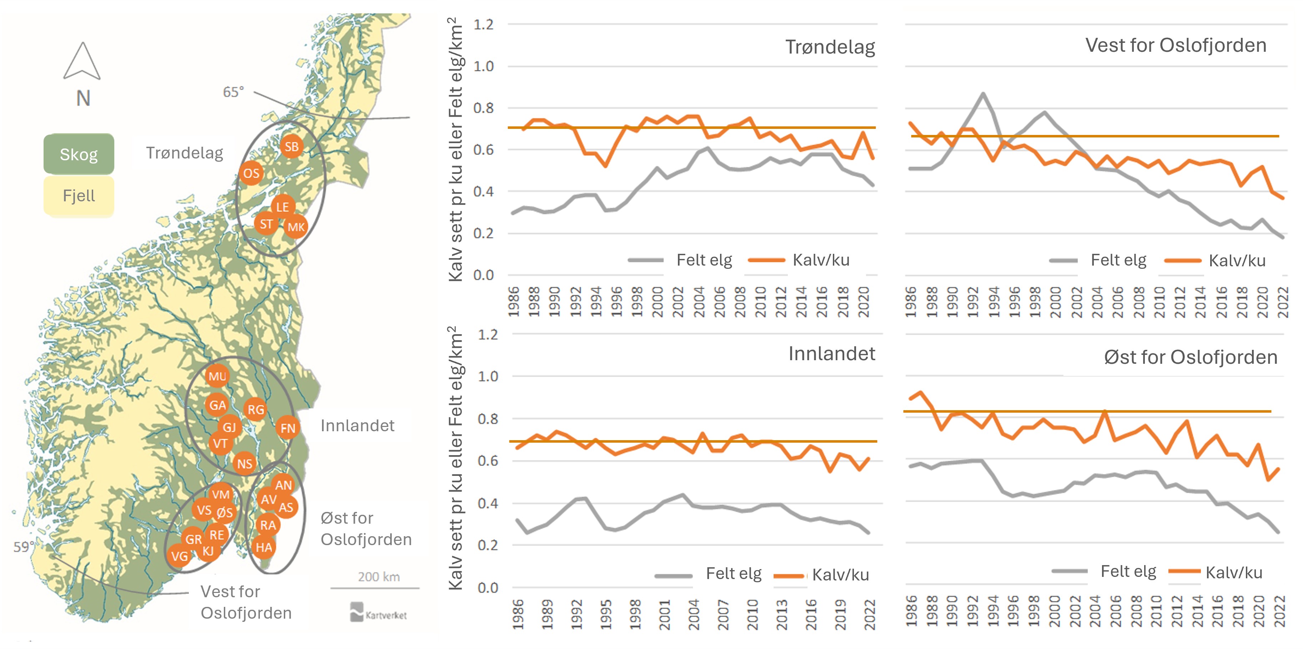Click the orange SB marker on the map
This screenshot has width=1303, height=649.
pos(291,147)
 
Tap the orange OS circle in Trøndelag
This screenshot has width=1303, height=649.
pos(251,173)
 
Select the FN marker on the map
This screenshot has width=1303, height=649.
pos(288,428)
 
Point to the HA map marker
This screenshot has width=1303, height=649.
pos(263,547)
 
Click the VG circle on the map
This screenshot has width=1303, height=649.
pos(180,557)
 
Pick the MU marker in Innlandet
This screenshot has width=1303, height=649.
pos(217,376)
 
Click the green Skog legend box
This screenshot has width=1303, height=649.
pos(79,154)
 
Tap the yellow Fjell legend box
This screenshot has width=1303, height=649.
pos(79,196)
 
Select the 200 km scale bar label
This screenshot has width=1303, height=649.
pos(379,577)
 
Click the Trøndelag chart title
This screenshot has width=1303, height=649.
pos(830,47)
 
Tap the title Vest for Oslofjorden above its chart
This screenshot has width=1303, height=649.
pos(1176,46)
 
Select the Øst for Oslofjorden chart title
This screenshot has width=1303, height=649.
pos(1190,357)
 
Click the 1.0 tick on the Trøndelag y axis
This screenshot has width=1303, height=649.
pos(483,66)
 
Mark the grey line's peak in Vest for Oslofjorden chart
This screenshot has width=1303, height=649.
pos(983,94)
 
